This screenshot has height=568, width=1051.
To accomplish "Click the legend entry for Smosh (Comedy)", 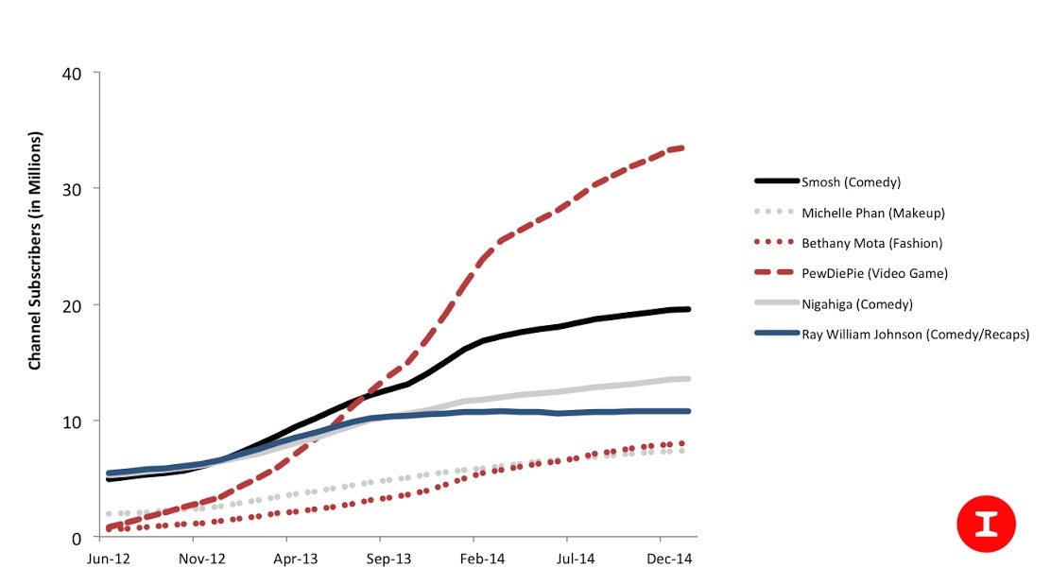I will click(x=850, y=181).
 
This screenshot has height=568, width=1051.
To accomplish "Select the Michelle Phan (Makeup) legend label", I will click(x=872, y=213).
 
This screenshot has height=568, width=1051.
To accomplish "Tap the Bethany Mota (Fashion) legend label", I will click(x=871, y=243).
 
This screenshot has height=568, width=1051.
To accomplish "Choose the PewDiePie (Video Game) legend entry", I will click(x=874, y=273).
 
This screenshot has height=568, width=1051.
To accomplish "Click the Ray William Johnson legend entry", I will click(x=915, y=334).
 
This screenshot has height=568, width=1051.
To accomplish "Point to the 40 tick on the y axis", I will click(x=72, y=74).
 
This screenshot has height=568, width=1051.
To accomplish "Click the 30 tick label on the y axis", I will click(x=72, y=189).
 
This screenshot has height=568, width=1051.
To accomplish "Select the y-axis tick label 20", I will click(x=72, y=305).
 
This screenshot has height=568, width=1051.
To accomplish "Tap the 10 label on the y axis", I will click(x=72, y=421).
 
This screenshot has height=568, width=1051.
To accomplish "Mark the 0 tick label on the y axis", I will click(x=77, y=537).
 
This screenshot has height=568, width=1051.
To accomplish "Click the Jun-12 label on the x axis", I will click(x=109, y=559).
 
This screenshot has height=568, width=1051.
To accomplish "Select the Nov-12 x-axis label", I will click(x=200, y=559).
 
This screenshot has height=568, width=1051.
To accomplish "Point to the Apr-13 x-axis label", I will click(x=295, y=559).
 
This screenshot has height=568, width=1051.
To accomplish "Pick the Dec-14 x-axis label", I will click(x=668, y=559).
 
